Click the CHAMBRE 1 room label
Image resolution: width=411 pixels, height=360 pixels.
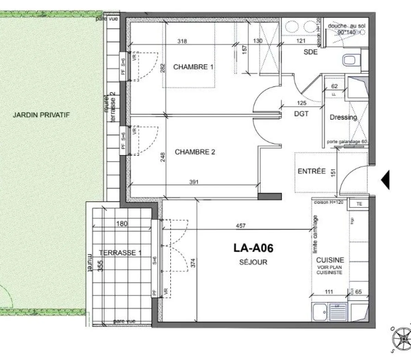[x=193, y=67]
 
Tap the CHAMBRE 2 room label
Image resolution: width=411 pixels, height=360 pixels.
[x=195, y=152]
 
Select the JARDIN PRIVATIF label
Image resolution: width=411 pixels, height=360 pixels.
[x=41, y=115]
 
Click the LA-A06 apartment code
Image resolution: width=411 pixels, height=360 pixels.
[x=253, y=248]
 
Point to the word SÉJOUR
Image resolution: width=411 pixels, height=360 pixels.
[x=253, y=263]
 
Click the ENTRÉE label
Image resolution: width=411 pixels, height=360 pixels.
[x=312, y=171]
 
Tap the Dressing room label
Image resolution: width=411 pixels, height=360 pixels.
[x=343, y=117]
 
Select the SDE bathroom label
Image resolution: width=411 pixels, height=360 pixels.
[x=310, y=52]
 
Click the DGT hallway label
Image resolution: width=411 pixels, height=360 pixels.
[x=301, y=113]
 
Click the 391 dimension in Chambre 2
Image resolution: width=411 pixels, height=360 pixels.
[x=194, y=182]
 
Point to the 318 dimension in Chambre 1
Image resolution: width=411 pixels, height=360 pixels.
[x=182, y=41]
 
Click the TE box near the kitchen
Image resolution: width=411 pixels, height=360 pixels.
[x=359, y=204]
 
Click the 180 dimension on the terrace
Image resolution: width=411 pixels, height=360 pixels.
[x=122, y=224]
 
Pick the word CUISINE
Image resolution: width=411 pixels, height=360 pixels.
[x=330, y=261]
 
